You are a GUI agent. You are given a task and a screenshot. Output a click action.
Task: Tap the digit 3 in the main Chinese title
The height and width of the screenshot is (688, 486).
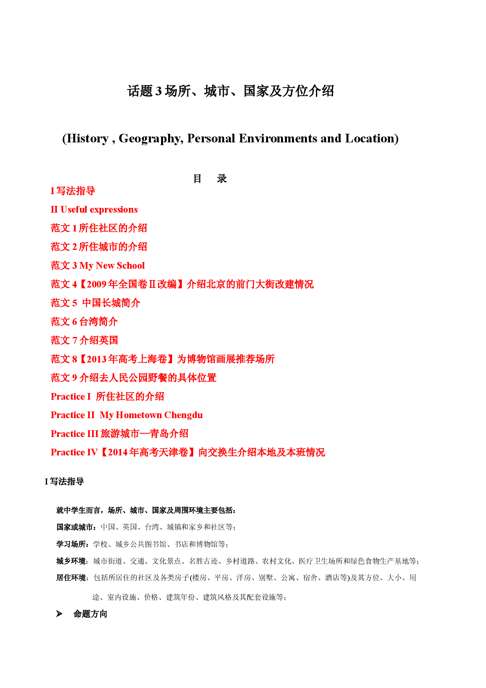(x=159, y=91)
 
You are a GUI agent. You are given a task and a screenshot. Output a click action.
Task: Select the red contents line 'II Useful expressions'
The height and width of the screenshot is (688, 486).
(x=94, y=210)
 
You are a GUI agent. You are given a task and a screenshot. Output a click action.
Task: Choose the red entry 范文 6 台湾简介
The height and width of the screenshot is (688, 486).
(x=84, y=322)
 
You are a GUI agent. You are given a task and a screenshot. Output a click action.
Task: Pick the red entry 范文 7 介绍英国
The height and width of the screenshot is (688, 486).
(x=84, y=340)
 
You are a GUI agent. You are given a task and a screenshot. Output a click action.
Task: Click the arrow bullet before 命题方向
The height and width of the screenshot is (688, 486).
(x=59, y=614)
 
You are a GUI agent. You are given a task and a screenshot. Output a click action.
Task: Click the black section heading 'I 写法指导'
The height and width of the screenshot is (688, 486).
(x=64, y=482)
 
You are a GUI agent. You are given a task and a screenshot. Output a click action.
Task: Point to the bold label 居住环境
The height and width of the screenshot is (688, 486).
(x=72, y=578)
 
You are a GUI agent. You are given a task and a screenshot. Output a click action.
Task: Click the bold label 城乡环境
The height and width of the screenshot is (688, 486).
(x=72, y=561)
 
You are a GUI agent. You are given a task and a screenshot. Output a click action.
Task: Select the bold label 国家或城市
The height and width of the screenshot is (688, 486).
(x=76, y=527)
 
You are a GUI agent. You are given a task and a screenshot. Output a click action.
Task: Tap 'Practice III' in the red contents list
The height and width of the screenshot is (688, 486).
(x=74, y=434)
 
